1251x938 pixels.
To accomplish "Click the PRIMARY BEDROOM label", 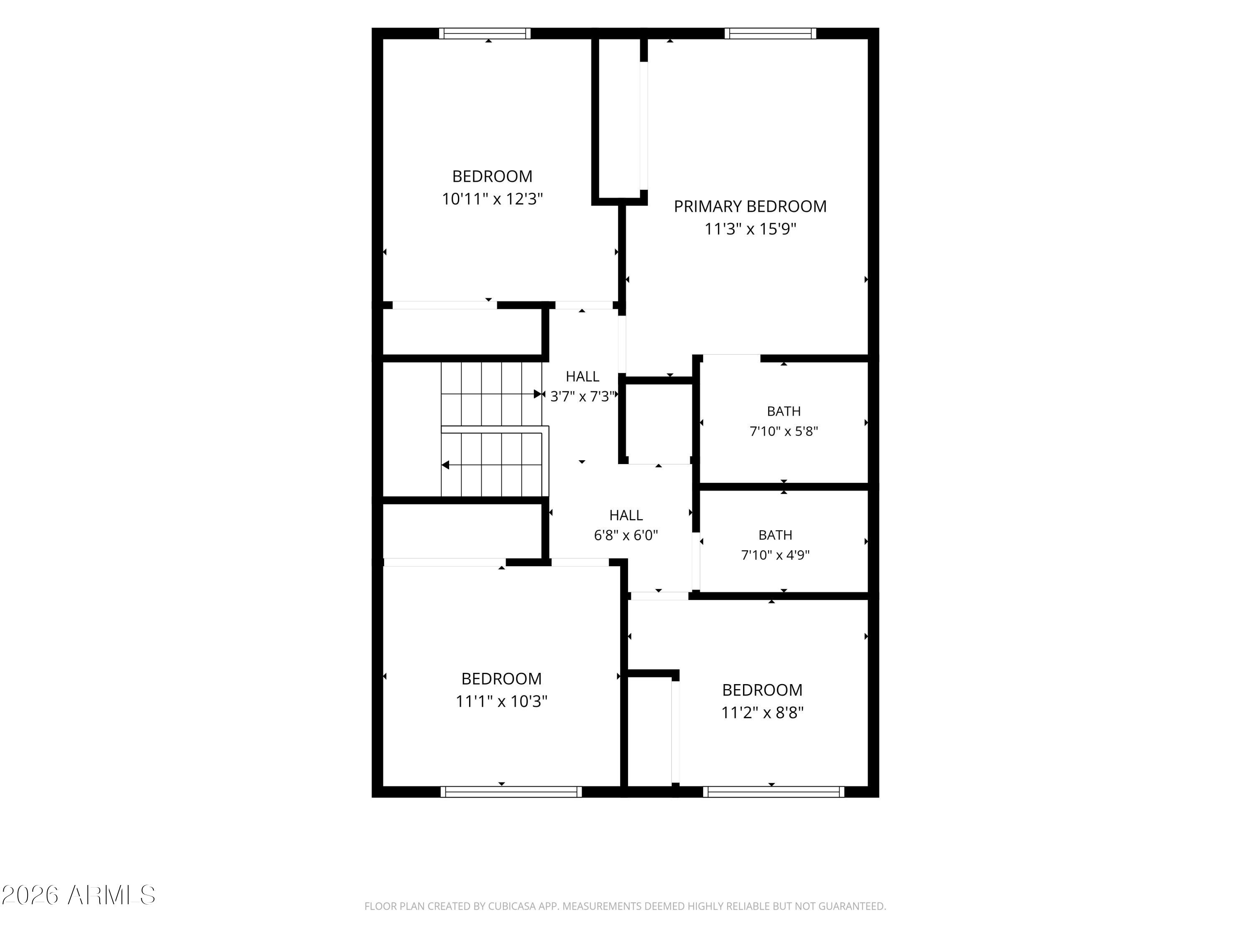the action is pyautogui.click(x=750, y=206).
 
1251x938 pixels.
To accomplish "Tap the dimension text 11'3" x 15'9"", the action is pyautogui.click(x=750, y=229).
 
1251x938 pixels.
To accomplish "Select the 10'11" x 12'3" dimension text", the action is pyautogui.click(x=492, y=199).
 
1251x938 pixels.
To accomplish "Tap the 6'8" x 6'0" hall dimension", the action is pyautogui.click(x=626, y=535).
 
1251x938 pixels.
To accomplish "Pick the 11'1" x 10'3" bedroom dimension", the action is pyautogui.click(x=502, y=701).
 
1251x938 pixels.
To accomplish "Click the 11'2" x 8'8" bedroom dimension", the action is pyautogui.click(x=762, y=712).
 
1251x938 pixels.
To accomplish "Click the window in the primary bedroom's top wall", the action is pyautogui.click(x=770, y=33).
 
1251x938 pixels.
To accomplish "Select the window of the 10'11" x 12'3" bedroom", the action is pyautogui.click(x=485, y=33).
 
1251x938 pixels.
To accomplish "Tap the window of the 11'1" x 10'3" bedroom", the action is pyautogui.click(x=511, y=792).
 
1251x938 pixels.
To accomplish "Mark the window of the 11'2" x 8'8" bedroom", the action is pyautogui.click(x=774, y=792).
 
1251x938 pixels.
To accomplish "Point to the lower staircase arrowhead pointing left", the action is pyautogui.click(x=445, y=465).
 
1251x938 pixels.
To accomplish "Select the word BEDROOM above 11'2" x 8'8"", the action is pyautogui.click(x=762, y=690).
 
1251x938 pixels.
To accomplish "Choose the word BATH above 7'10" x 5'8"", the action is pyautogui.click(x=784, y=411).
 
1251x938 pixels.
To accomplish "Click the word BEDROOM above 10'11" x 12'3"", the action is pyautogui.click(x=492, y=176).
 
